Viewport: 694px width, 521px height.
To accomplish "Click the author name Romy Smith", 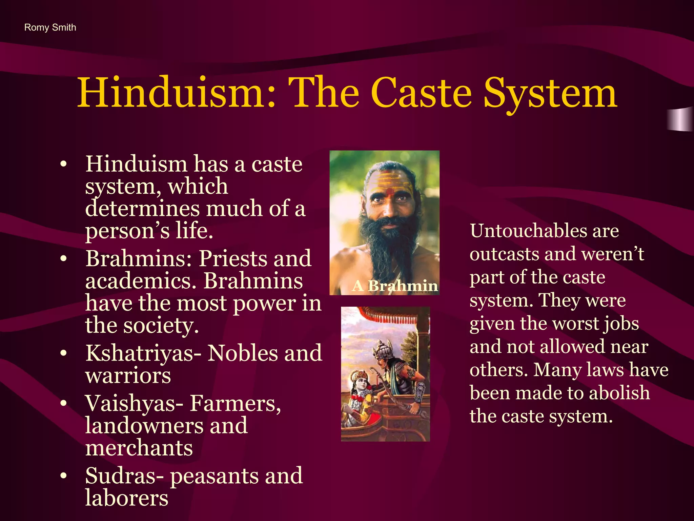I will point(50,27).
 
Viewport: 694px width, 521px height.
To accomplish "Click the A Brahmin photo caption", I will point(395,286).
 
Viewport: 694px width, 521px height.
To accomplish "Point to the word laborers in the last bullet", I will point(127,498).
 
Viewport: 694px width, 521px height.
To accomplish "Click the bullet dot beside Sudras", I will point(63,476).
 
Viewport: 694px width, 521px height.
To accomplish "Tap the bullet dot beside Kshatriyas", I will point(63,354).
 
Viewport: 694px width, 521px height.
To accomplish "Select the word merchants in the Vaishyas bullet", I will point(139,448).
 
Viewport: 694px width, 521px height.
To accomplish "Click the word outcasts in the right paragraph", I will point(502,254).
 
